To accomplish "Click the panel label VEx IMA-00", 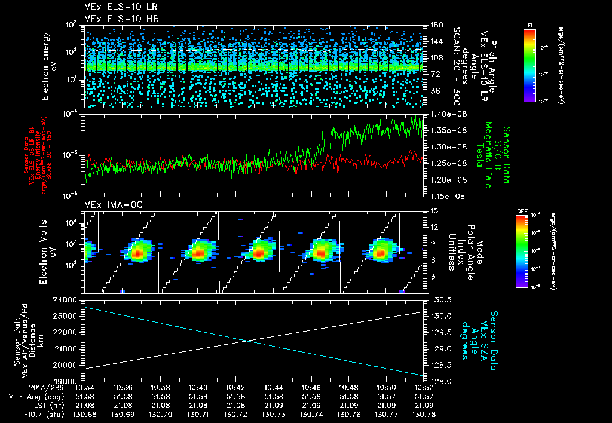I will tap(109, 204).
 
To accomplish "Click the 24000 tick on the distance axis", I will tap(68, 299).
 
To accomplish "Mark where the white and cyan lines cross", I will tap(247, 341).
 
